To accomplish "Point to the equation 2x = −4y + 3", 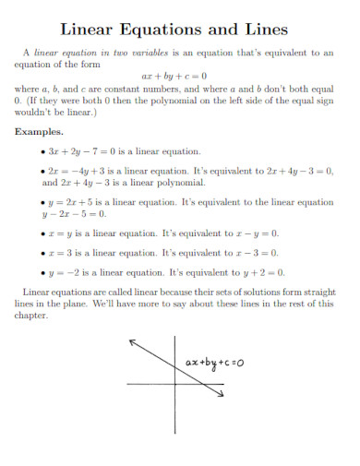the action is pos(85,171).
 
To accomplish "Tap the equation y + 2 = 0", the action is pos(264,272).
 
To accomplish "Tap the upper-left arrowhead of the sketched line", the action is pos(133,341).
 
